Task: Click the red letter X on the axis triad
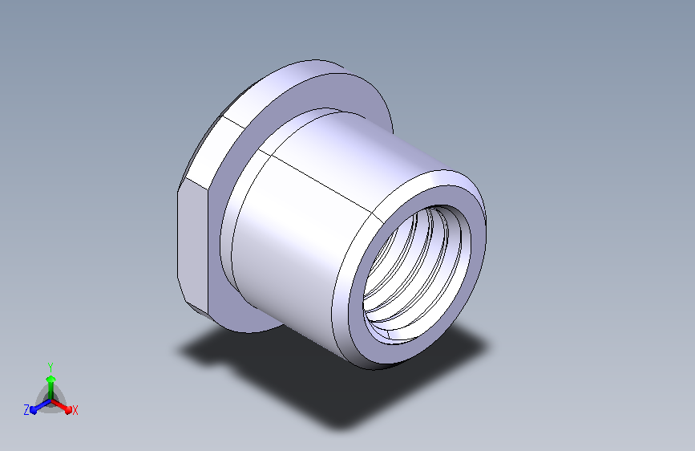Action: pos(75,410)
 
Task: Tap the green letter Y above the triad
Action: pos(51,367)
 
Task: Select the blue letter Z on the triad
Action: pos(26,410)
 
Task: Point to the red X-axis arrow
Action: pos(61,406)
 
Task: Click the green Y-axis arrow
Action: pos(51,388)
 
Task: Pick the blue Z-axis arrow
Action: pos(41,406)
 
